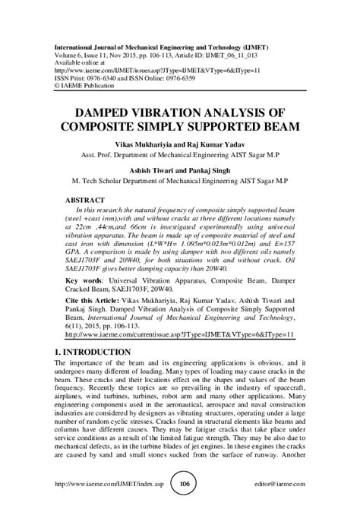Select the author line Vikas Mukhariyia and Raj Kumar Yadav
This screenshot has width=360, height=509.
click(179, 143)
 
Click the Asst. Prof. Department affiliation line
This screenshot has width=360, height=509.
click(179, 153)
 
